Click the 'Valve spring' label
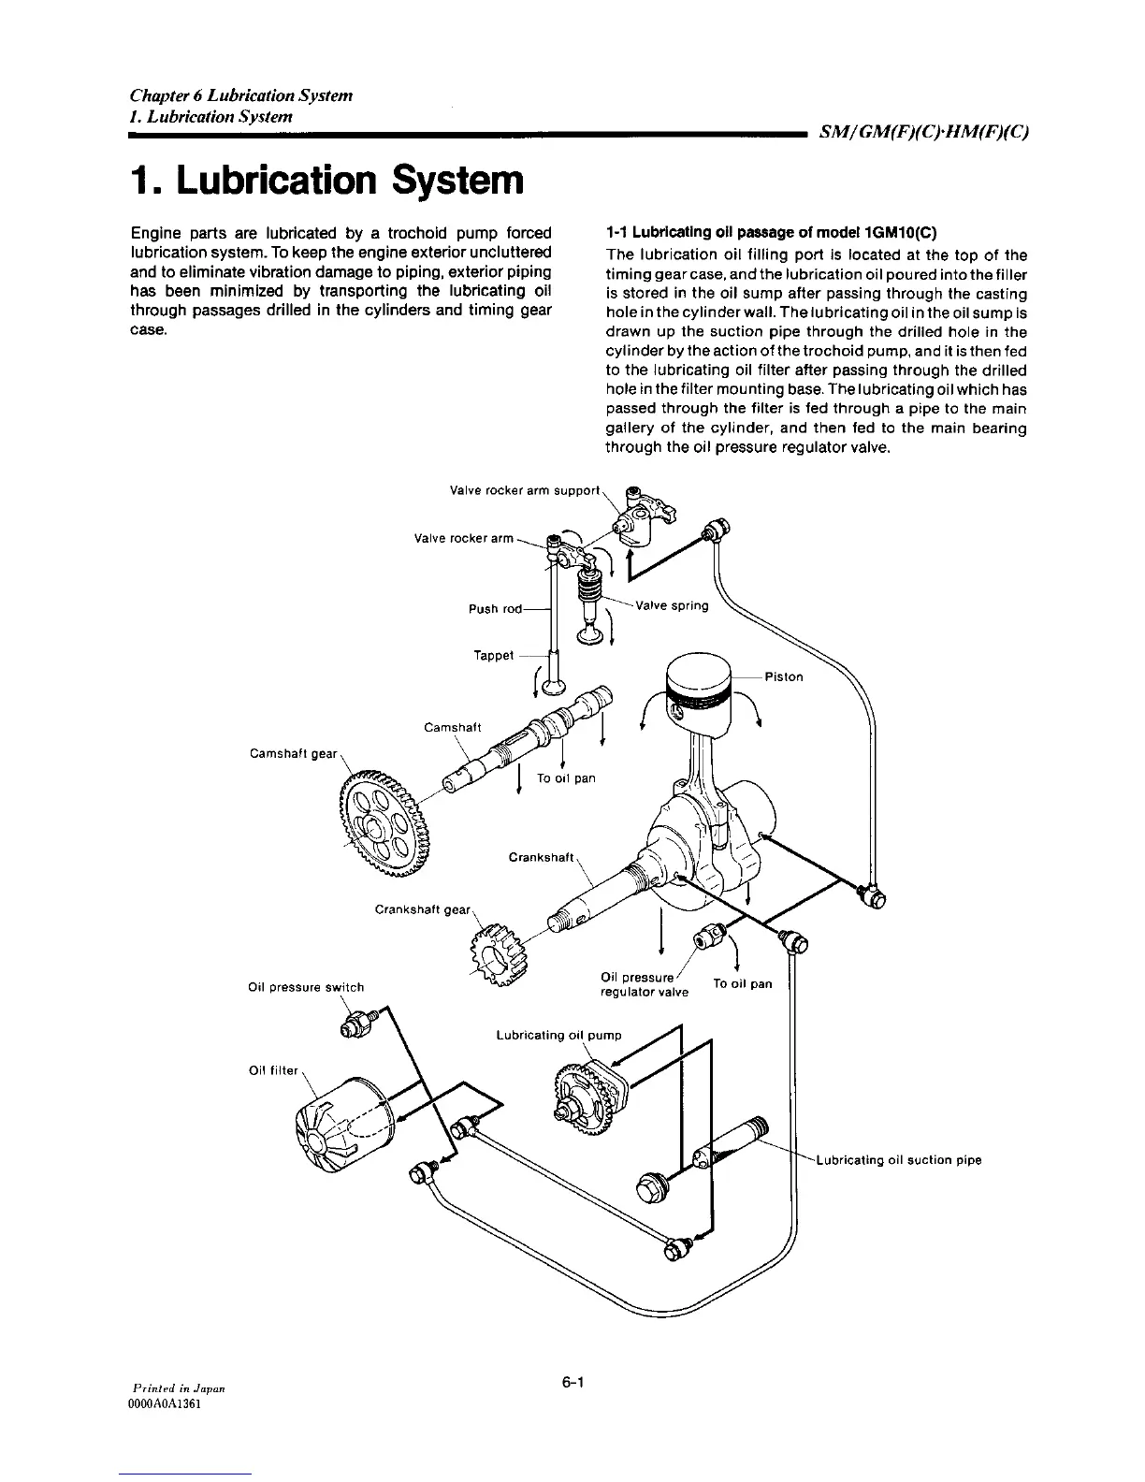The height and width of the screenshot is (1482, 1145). click(672, 605)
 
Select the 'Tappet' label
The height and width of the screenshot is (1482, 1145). click(494, 655)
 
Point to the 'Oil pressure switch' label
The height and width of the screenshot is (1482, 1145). click(306, 987)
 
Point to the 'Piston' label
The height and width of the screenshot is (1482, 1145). click(783, 676)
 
